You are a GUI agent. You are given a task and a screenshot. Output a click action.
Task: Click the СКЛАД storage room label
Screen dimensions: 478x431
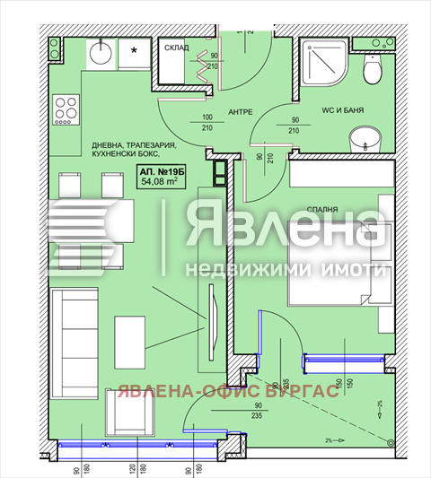(177, 48)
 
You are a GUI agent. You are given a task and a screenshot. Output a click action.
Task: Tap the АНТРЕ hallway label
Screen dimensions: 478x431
(238, 112)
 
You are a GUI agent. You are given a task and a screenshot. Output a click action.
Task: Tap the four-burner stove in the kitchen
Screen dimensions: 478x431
(66, 111)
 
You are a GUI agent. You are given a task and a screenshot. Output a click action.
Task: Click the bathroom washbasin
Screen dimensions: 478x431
(365, 139)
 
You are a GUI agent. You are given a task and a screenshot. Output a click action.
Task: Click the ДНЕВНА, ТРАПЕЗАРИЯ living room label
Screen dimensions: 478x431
(134, 145)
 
